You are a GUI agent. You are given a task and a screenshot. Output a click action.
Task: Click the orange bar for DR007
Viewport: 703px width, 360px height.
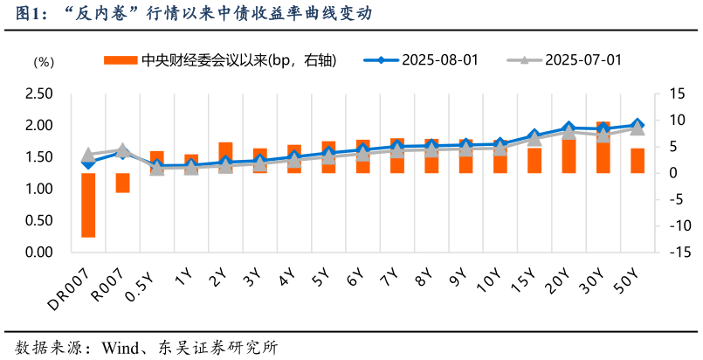coord(88,205)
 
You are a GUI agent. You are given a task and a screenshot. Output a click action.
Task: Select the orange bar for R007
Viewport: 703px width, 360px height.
coord(122,183)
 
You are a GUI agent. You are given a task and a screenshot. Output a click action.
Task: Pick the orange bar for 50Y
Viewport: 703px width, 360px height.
coord(638,161)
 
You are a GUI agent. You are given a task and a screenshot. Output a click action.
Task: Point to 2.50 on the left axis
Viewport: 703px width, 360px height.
coord(39,94)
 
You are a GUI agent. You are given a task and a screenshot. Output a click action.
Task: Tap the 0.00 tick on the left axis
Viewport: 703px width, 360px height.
coord(39,253)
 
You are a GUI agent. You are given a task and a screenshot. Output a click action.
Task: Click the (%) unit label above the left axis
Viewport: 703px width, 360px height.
coord(44,62)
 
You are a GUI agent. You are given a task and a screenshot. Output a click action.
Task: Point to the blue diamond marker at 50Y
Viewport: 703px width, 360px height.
coord(638,125)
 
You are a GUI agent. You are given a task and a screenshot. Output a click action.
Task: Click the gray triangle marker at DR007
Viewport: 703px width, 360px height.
coord(88,156)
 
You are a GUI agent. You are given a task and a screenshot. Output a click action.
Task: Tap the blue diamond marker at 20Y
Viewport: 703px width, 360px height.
coord(569,128)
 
